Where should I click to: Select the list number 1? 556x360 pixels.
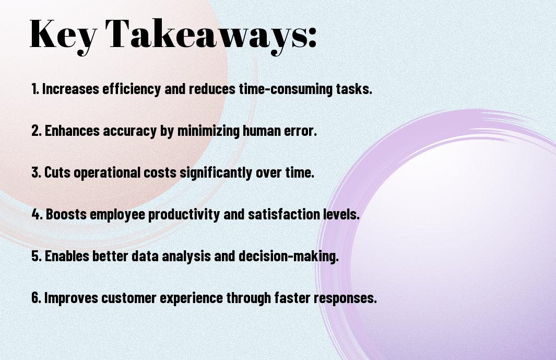pyautogui.click(x=34, y=89)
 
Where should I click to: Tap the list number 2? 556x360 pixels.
pyautogui.click(x=36, y=131)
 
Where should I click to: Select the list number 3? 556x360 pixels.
pyautogui.click(x=36, y=172)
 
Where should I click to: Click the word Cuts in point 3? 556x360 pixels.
pyautogui.click(x=57, y=172)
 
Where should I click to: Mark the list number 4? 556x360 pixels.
pyautogui.click(x=37, y=214)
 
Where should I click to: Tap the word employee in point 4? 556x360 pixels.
pyautogui.click(x=117, y=215)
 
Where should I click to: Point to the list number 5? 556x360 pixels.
pyautogui.click(x=36, y=256)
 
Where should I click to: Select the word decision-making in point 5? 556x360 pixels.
pyautogui.click(x=289, y=257)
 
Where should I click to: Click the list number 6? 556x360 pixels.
pyautogui.click(x=36, y=297)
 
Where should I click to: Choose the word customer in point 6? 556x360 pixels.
pyautogui.click(x=129, y=298)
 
